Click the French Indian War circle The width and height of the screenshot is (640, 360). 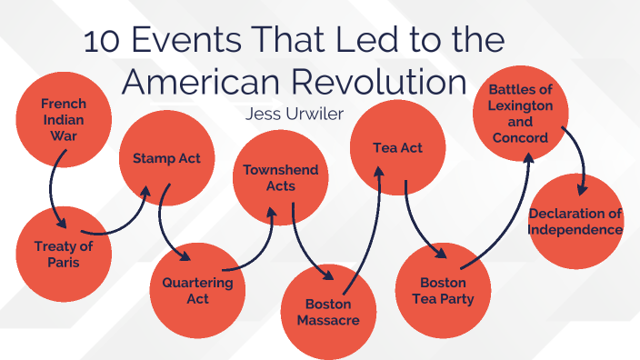pyautogui.click(x=64, y=115)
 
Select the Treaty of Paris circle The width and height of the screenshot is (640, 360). pyautogui.click(x=64, y=254)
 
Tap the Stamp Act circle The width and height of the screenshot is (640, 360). pyautogui.click(x=166, y=158)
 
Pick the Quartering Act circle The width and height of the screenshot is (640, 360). pyautogui.click(x=197, y=290)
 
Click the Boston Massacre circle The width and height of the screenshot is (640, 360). pyautogui.click(x=326, y=311)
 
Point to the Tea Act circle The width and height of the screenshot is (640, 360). pyautogui.click(x=397, y=147)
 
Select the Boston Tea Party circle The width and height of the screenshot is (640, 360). pyautogui.click(x=443, y=290)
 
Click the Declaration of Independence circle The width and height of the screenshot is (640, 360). pyautogui.click(x=575, y=221)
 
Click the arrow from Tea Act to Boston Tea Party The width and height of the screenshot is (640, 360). pyautogui.click(x=410, y=218)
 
